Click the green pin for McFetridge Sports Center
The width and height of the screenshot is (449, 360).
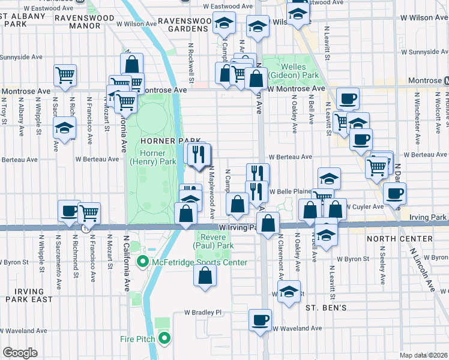click(143, 262)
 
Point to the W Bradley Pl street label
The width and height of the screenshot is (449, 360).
click(203, 313)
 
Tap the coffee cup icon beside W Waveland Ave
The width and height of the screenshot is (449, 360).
click(261, 319)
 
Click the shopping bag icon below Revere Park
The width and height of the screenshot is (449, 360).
click(205, 276)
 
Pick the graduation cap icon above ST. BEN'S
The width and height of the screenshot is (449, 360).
click(289, 292)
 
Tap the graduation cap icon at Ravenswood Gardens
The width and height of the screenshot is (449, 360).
click(224, 25)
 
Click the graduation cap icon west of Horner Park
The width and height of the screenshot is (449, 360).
click(65, 128)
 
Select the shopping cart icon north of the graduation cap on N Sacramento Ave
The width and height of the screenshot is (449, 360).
click(65, 75)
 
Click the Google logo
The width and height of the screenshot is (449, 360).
click(20, 353)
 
